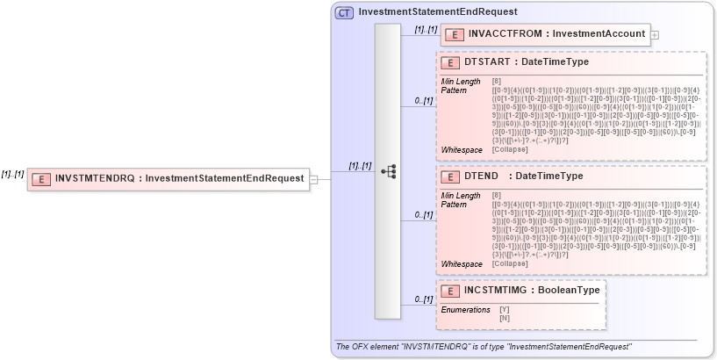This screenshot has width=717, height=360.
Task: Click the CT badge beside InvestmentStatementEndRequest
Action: pos(345,12)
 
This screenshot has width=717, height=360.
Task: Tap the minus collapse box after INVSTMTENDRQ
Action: pos(313,178)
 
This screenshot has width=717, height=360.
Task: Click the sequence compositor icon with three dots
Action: pos(388,171)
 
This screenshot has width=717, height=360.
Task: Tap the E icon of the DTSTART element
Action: pos(448,63)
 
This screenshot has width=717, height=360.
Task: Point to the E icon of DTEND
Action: pos(448,176)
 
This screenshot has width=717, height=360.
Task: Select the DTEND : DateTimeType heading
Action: pos(523,176)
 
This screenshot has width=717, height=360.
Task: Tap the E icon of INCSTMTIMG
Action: pos(448,291)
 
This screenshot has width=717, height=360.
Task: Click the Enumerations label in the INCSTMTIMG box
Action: pos(465,309)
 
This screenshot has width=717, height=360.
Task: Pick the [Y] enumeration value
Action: pos(504,309)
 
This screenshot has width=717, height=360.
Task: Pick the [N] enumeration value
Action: pos(504,317)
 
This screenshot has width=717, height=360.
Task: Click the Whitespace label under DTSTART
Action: pos(461,150)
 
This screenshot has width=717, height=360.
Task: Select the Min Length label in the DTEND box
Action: pos(460,195)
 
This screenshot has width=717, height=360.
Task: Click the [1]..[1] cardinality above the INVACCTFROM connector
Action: pos(426,30)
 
